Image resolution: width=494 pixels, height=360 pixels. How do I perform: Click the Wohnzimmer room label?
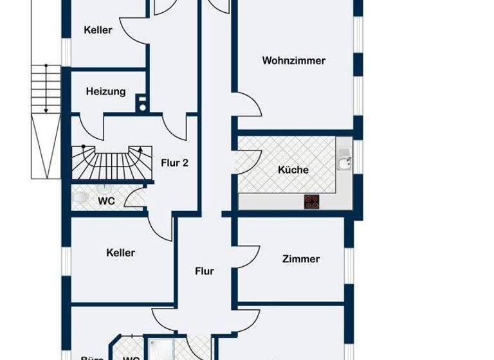(293, 61)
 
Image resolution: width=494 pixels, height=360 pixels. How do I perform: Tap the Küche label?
(293, 170)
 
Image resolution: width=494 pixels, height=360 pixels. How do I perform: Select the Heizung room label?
(105, 91)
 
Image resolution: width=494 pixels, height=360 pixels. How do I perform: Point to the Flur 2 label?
(174, 163)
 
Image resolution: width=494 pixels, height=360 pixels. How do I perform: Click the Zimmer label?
(300, 259)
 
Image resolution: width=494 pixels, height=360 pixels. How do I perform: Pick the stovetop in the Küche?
(312, 202)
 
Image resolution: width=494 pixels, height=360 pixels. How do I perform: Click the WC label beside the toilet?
(106, 201)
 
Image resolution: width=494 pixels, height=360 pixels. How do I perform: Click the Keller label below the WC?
(120, 253)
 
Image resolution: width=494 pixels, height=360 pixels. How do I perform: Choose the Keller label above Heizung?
(98, 30)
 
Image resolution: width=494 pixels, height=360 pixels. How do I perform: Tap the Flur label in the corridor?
(205, 271)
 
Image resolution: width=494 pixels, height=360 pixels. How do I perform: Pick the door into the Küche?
(248, 161)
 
